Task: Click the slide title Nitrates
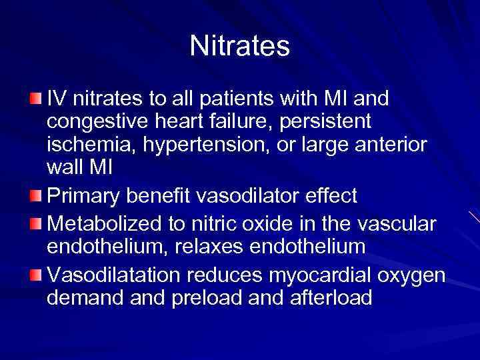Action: tap(239, 46)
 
